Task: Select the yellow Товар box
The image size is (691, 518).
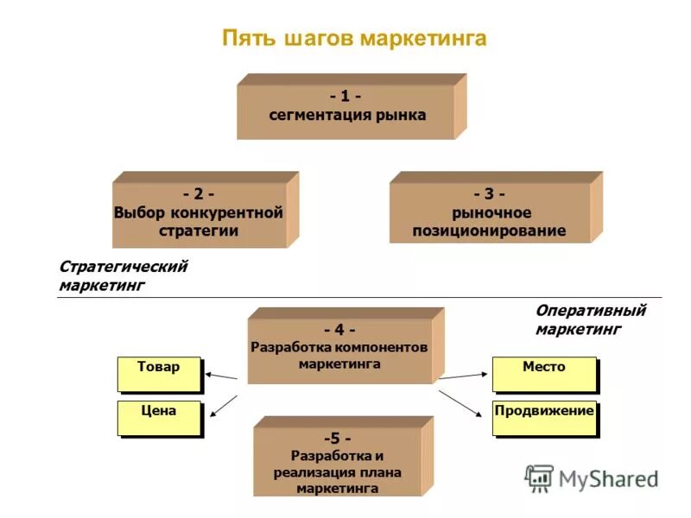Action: pyautogui.click(x=159, y=373)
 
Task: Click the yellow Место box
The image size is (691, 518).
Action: pyautogui.click(x=544, y=373)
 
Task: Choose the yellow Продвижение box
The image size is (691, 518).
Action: pyautogui.click(x=544, y=417)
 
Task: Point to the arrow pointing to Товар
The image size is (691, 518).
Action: pyautogui.click(x=221, y=376)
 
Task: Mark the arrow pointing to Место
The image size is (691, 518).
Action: pyautogui.click(x=464, y=376)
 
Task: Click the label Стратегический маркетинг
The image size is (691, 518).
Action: pyautogui.click(x=123, y=275)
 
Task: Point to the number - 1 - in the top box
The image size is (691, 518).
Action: pyautogui.click(x=345, y=96)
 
